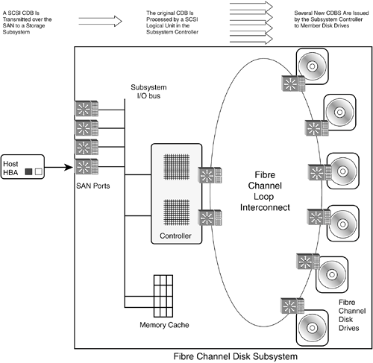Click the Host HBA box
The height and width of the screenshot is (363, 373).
(22, 167)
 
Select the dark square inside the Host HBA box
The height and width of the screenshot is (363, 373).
(28, 171)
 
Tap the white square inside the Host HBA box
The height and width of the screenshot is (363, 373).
(39, 171)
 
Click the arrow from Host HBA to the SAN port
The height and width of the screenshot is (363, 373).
(59, 167)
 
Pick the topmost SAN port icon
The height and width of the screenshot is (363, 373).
(87, 108)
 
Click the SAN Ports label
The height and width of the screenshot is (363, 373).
(93, 186)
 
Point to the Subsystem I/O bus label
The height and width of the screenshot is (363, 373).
(148, 92)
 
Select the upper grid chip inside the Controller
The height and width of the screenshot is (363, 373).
(177, 167)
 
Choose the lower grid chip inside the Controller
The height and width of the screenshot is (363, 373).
(177, 212)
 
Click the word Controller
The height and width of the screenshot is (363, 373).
(175, 236)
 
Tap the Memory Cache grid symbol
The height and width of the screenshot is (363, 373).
(163, 296)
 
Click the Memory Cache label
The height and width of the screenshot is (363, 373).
(164, 325)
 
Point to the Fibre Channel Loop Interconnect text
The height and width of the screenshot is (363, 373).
(265, 191)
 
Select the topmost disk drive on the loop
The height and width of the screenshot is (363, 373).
(312, 66)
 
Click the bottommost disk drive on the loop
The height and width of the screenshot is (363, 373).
(312, 328)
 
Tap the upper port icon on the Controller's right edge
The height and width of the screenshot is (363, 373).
(210, 175)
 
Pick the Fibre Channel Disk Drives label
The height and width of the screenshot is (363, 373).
(352, 315)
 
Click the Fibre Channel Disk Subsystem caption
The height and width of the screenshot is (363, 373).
(235, 356)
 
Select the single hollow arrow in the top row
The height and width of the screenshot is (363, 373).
(100, 21)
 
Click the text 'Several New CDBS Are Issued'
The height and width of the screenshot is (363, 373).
(331, 13)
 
